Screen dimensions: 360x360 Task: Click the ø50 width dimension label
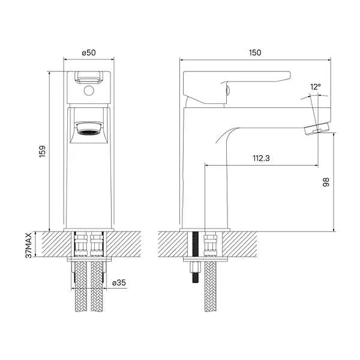[89, 53]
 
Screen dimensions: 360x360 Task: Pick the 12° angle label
[316, 88]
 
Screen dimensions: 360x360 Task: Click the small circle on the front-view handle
[88, 92]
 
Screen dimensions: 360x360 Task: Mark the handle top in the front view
[88, 77]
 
